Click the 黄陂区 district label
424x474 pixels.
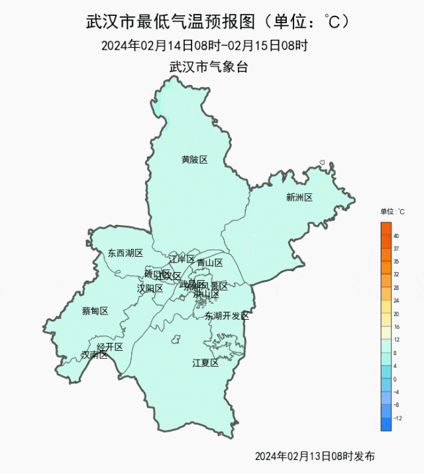pos(195,160)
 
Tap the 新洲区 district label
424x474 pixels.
pos(299,197)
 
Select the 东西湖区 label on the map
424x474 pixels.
pos(125,253)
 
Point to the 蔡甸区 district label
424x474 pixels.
pos(95,311)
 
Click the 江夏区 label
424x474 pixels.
pos(205,363)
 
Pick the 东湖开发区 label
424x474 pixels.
pos(227,316)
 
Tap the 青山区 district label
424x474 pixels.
pos(209,263)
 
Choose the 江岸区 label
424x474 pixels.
pos(182,258)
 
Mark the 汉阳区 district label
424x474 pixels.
pos(150,289)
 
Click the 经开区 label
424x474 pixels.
pos(110,347)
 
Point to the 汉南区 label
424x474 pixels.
pos(94,355)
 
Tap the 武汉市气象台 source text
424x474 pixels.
pos(209,67)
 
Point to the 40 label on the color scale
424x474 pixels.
pos(396,236)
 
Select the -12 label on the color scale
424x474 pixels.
pos(397,418)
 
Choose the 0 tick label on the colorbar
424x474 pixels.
pos(395,379)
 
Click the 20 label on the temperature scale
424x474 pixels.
pos(396,314)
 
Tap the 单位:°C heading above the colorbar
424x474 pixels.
pos(392,212)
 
